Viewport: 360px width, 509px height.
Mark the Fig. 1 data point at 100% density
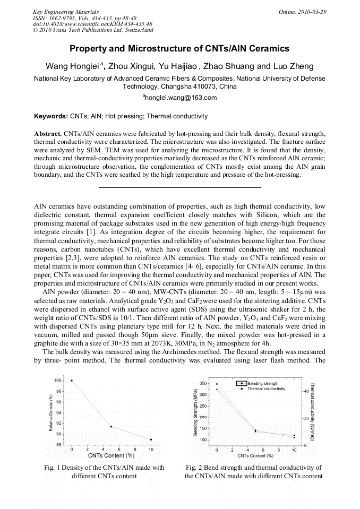coord(72,381)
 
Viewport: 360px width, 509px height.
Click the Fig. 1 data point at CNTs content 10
coord(151,439)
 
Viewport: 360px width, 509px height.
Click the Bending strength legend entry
coord(263,383)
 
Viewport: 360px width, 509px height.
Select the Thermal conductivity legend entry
coord(266,389)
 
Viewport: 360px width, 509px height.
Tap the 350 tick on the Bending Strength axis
coord(203,383)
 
